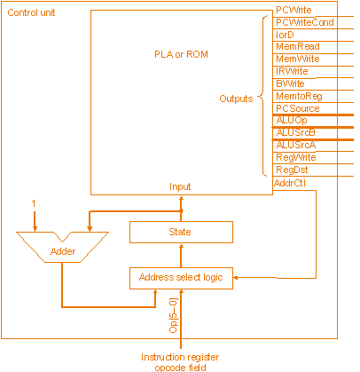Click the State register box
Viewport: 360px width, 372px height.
[x=181, y=232]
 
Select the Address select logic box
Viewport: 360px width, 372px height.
[x=181, y=278]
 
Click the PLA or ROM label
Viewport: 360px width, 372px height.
[x=181, y=54]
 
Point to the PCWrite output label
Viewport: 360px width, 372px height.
[x=293, y=10]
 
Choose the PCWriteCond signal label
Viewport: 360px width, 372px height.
[x=305, y=22]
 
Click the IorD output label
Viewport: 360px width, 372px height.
[x=285, y=35]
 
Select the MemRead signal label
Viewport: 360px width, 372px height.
[x=298, y=46]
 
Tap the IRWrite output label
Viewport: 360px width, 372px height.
[x=292, y=71]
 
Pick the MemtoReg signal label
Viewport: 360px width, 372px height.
[x=299, y=96]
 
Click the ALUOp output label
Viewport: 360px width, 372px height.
[x=292, y=120]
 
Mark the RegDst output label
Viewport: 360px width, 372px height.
[x=292, y=170]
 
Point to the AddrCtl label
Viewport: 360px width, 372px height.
[x=290, y=183]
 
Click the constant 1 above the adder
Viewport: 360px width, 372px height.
[x=34, y=203]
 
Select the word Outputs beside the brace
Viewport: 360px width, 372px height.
[x=236, y=99]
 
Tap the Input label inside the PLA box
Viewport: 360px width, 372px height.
[x=180, y=186]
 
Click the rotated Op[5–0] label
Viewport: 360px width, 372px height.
[x=174, y=315]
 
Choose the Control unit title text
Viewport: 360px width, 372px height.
[x=31, y=12]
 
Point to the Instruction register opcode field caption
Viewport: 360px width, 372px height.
[x=180, y=362]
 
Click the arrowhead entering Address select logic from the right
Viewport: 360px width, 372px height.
[x=236, y=278]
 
